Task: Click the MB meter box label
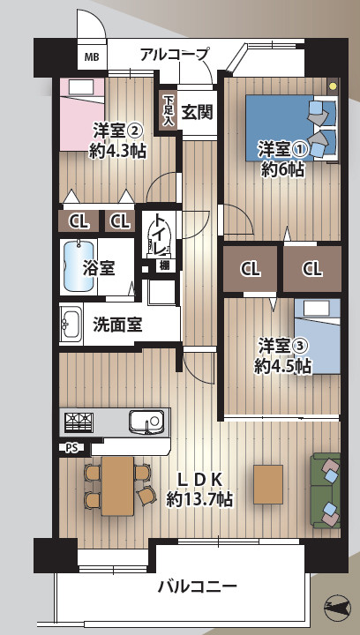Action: (92, 58)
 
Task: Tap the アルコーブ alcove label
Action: (174, 55)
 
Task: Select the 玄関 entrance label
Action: (198, 112)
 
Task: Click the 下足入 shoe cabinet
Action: (168, 110)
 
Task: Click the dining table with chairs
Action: (116, 485)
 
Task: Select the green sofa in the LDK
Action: (326, 490)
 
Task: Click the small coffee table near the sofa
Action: (267, 482)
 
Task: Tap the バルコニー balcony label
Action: (197, 586)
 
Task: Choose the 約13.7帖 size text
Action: (199, 499)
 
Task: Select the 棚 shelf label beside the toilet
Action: (164, 265)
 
